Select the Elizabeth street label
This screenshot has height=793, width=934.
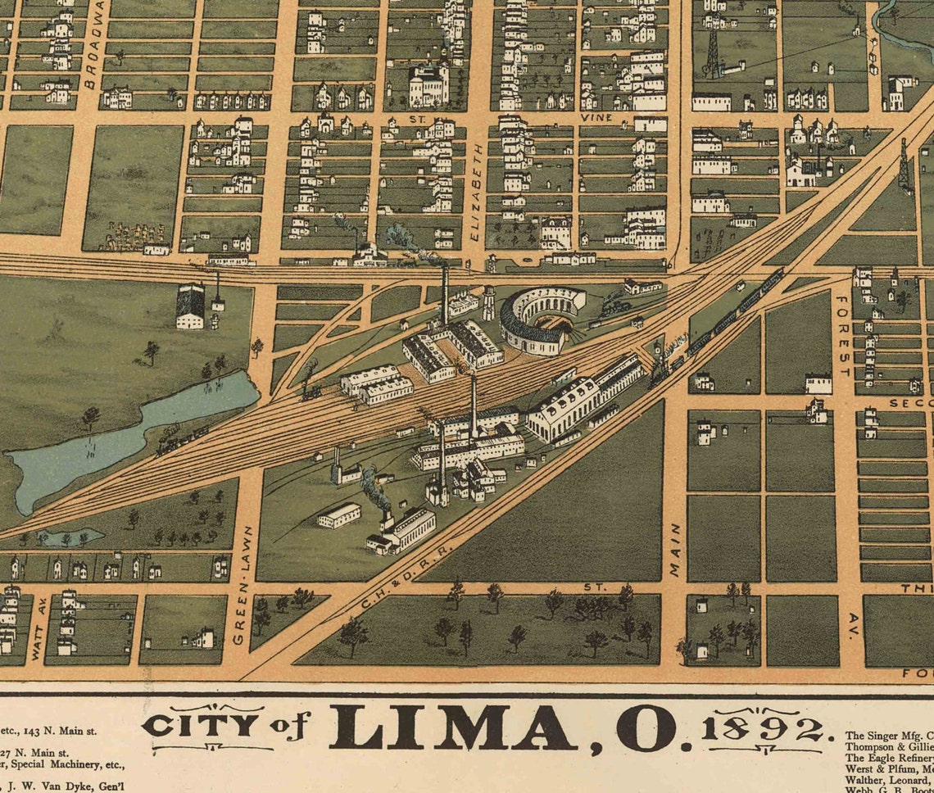click(478, 193)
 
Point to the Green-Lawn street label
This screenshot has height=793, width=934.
click(240, 585)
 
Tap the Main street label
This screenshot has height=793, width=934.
click(675, 550)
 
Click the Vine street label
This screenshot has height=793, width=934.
click(596, 118)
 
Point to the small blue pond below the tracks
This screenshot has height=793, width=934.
click(70, 537)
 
